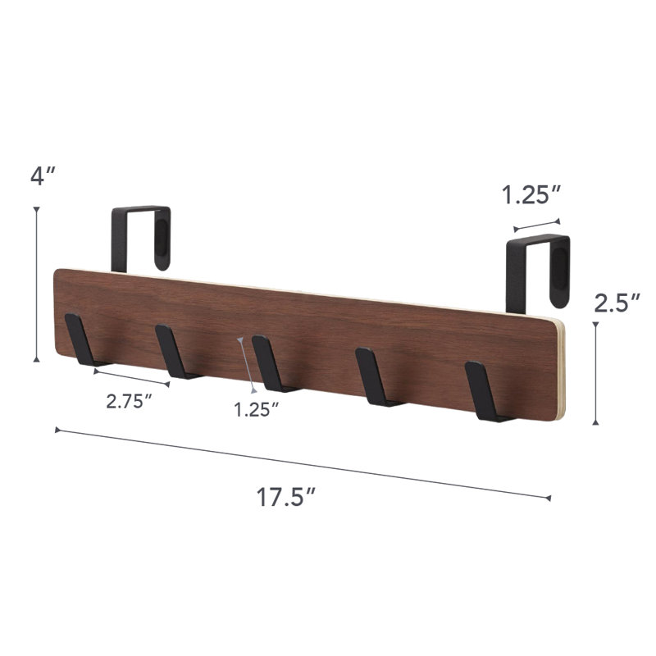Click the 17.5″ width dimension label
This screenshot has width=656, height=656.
(x=285, y=497)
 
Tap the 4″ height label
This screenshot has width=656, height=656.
(x=43, y=175)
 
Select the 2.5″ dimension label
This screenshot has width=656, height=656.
(x=617, y=303)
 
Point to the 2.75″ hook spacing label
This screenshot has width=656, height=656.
(x=129, y=401)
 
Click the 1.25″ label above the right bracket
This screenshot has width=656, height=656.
(x=531, y=195)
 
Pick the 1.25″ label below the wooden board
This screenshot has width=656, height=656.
(x=256, y=409)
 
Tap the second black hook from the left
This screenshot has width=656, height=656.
(x=175, y=352)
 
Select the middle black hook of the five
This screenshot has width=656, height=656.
(x=272, y=363)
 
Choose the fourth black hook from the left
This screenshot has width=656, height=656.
(x=376, y=376)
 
